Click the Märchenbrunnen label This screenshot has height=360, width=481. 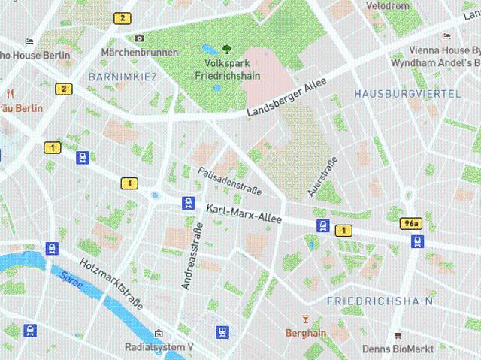point(140,53)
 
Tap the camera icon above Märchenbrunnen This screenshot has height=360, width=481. point(139,38)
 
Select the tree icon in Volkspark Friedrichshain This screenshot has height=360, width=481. point(226,50)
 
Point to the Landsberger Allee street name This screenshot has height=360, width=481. point(297,99)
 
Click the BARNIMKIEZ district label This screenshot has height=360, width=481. point(123,77)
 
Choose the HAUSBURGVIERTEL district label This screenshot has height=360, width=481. point(407,93)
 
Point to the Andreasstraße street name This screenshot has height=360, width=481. point(193,256)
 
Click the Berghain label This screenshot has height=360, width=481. point(306,333)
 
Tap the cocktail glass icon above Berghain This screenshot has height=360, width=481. point(304,319)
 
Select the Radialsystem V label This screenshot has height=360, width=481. point(159,347)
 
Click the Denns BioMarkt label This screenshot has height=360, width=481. point(398,349)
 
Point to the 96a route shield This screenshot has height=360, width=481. point(411,224)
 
